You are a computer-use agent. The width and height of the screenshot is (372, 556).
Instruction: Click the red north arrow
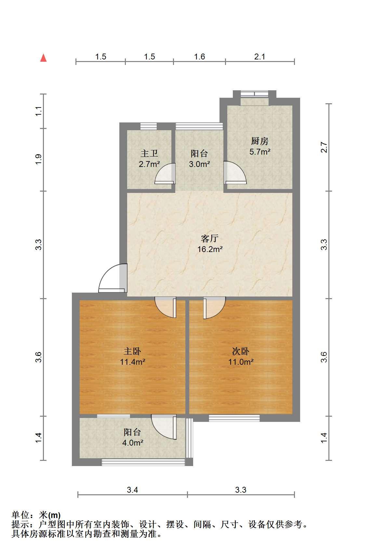click(x=44, y=58)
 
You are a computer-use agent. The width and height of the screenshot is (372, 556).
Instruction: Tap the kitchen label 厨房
click(x=260, y=141)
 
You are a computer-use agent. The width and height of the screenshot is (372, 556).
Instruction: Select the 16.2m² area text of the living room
click(x=210, y=249)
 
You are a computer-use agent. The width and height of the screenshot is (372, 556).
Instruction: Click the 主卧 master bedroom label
click(x=132, y=351)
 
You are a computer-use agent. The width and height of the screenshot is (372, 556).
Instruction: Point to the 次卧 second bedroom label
click(x=241, y=351)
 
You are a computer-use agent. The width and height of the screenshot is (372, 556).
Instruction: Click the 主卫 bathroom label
click(x=149, y=153)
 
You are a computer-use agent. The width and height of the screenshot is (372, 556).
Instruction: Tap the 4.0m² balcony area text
click(x=133, y=443)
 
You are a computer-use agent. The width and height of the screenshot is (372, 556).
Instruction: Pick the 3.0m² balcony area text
click(x=199, y=164)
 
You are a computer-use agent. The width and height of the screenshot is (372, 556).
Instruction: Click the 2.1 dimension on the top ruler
click(x=260, y=57)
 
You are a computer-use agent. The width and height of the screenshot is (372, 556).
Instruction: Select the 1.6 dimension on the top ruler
click(x=199, y=57)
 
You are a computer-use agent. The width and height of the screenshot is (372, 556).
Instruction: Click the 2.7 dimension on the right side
click(x=324, y=147)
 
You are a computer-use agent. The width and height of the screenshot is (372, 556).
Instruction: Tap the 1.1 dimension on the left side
click(x=38, y=111)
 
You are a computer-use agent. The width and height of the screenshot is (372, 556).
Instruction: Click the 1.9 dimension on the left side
click(x=38, y=159)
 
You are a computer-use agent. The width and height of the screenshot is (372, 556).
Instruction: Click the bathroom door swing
click(x=165, y=173)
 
